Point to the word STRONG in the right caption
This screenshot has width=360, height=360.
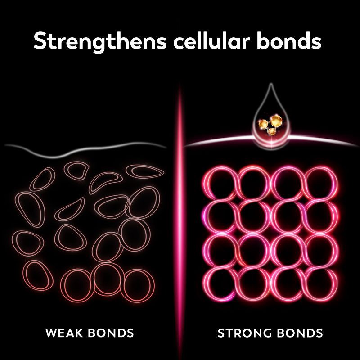(246, 333)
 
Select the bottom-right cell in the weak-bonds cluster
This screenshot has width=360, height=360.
(137, 284)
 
